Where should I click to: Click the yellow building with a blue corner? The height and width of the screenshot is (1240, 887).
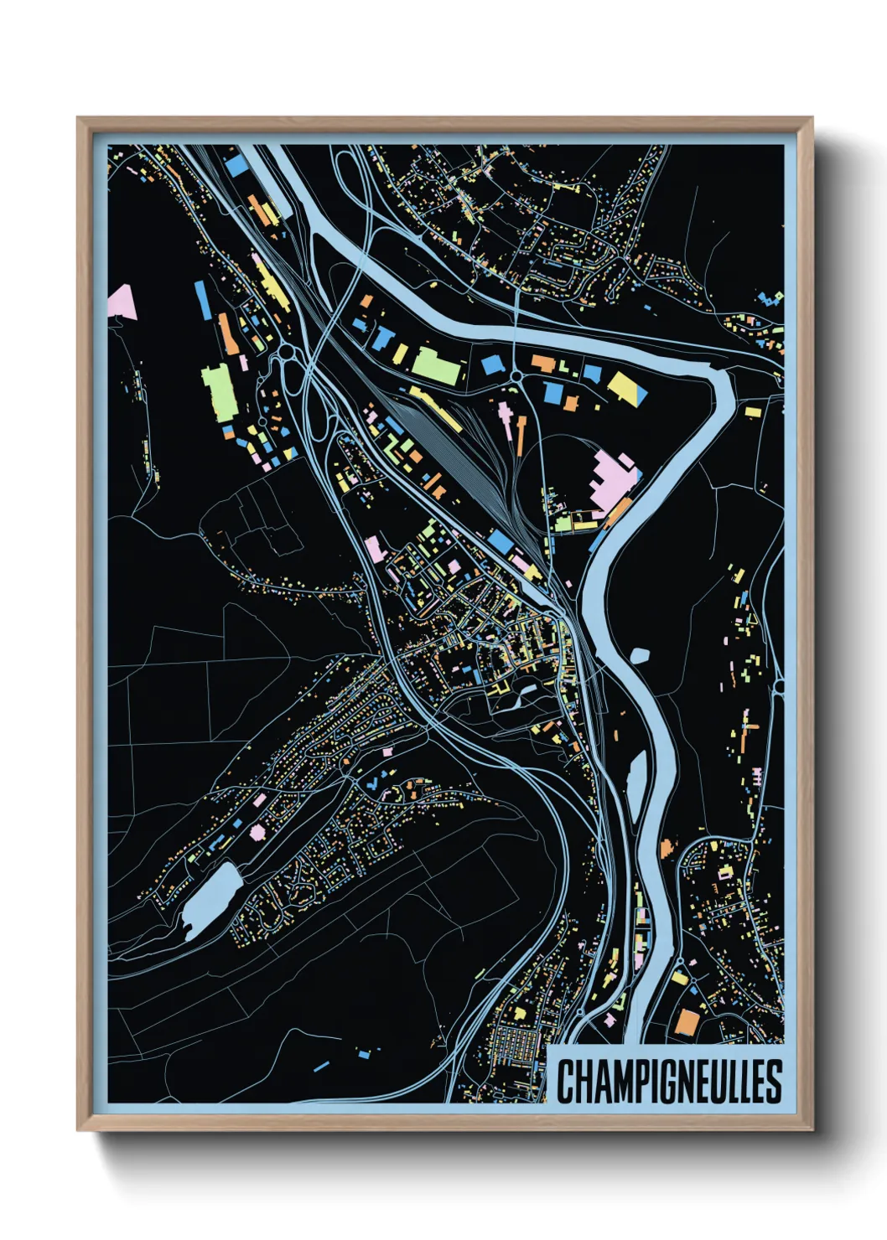pyautogui.click(x=626, y=387)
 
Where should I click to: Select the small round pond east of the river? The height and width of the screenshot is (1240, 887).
pyautogui.click(x=639, y=655)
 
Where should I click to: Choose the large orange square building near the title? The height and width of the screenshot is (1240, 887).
pyautogui.click(x=687, y=1020)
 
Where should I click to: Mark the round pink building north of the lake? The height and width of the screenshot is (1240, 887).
pyautogui.click(x=257, y=831)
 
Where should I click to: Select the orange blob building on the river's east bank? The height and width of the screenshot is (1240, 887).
pyautogui.click(x=667, y=848)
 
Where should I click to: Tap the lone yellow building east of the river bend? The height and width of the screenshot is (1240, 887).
pyautogui.click(x=752, y=411)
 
